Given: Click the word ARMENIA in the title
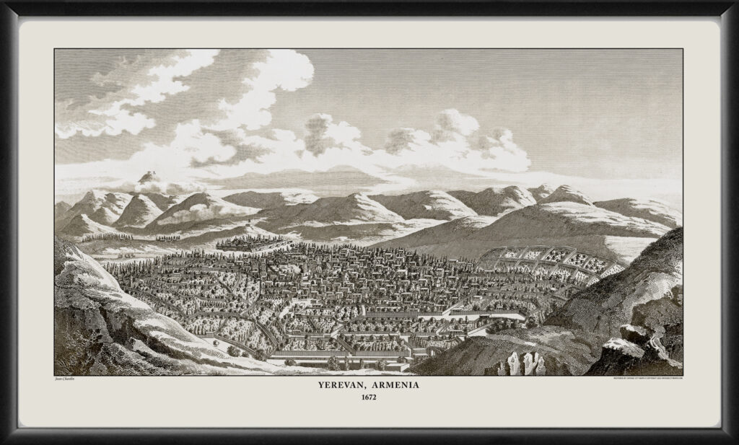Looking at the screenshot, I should pyautogui.click(x=399, y=387).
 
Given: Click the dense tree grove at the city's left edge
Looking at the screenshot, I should pyautogui.click(x=137, y=278).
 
